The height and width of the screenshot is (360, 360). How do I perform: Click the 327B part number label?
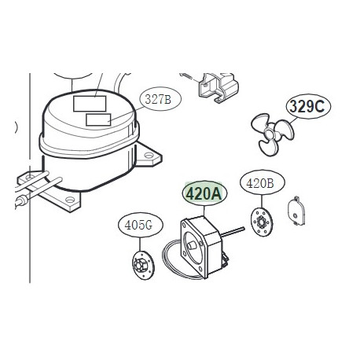point(158,100)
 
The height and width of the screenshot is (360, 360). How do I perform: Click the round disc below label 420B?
point(259,222)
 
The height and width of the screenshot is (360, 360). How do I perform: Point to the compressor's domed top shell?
point(86,118)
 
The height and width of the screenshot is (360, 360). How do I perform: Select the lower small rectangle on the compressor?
point(98,119)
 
